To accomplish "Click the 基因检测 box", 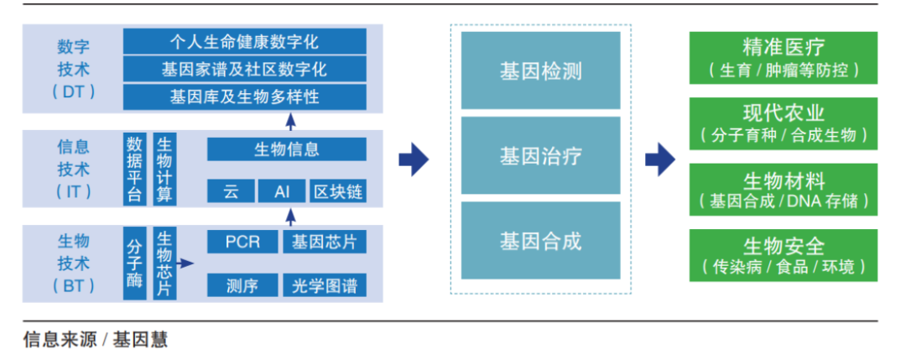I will click(540, 71).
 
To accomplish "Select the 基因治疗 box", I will click(540, 156).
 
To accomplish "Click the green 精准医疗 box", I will click(783, 58).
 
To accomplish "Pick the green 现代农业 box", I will click(783, 123).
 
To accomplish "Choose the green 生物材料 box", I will click(783, 190).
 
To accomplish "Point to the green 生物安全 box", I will click(783, 256).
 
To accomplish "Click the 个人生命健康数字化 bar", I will click(244, 41).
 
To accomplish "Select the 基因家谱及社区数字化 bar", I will click(244, 69).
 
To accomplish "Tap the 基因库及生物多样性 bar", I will click(244, 97).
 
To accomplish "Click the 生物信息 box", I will click(286, 149).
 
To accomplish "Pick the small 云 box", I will click(231, 191).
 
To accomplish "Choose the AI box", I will click(284, 191).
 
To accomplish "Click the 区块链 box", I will click(337, 191).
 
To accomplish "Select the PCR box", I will click(242, 243).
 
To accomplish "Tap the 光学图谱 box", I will click(324, 285).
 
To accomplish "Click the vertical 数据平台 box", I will click(134, 168).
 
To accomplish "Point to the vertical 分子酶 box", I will click(134, 263).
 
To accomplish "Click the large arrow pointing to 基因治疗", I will click(413, 159).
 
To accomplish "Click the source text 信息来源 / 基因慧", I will click(96, 339).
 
